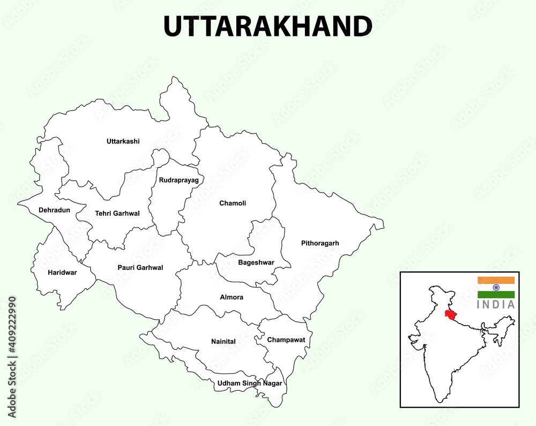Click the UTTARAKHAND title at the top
(267, 26)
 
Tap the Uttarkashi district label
(123, 142)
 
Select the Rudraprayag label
(178, 180)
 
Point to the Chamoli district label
(233, 203)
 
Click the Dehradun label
(54, 210)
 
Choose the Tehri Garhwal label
(117, 214)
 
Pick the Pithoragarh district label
(320, 244)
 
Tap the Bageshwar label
(256, 263)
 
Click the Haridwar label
(62, 273)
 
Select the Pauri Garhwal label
(140, 268)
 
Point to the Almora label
(232, 297)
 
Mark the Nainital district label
(223, 342)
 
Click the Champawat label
(286, 340)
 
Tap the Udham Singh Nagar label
(249, 384)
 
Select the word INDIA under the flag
(496, 305)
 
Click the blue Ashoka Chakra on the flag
(496, 288)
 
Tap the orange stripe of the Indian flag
(496, 280)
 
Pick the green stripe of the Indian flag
(496, 295)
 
